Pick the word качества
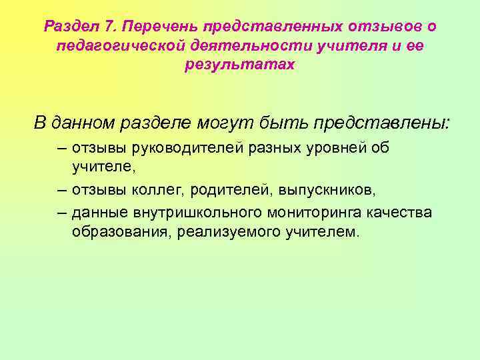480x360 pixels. tap(403, 212)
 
